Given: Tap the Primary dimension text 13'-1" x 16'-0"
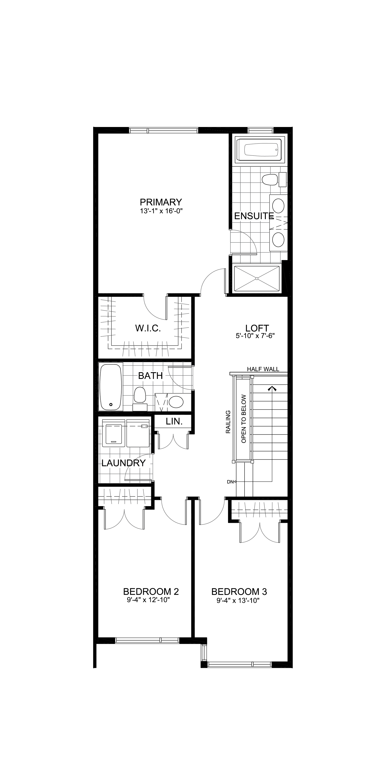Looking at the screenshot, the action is coord(161,211).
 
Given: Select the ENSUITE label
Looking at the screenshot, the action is coord(254,216).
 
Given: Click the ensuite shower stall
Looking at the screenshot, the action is coord(257,278).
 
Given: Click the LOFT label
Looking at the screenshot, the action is coord(257,328).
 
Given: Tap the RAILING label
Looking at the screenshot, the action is coord(228,422).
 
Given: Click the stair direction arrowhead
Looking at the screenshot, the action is coord(272,389).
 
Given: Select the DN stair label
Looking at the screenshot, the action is coord(230,482).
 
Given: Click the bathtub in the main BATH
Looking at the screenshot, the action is coord(111,387).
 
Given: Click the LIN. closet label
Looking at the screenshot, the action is coord(174,422).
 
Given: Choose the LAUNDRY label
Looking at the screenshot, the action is coord(123,463).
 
